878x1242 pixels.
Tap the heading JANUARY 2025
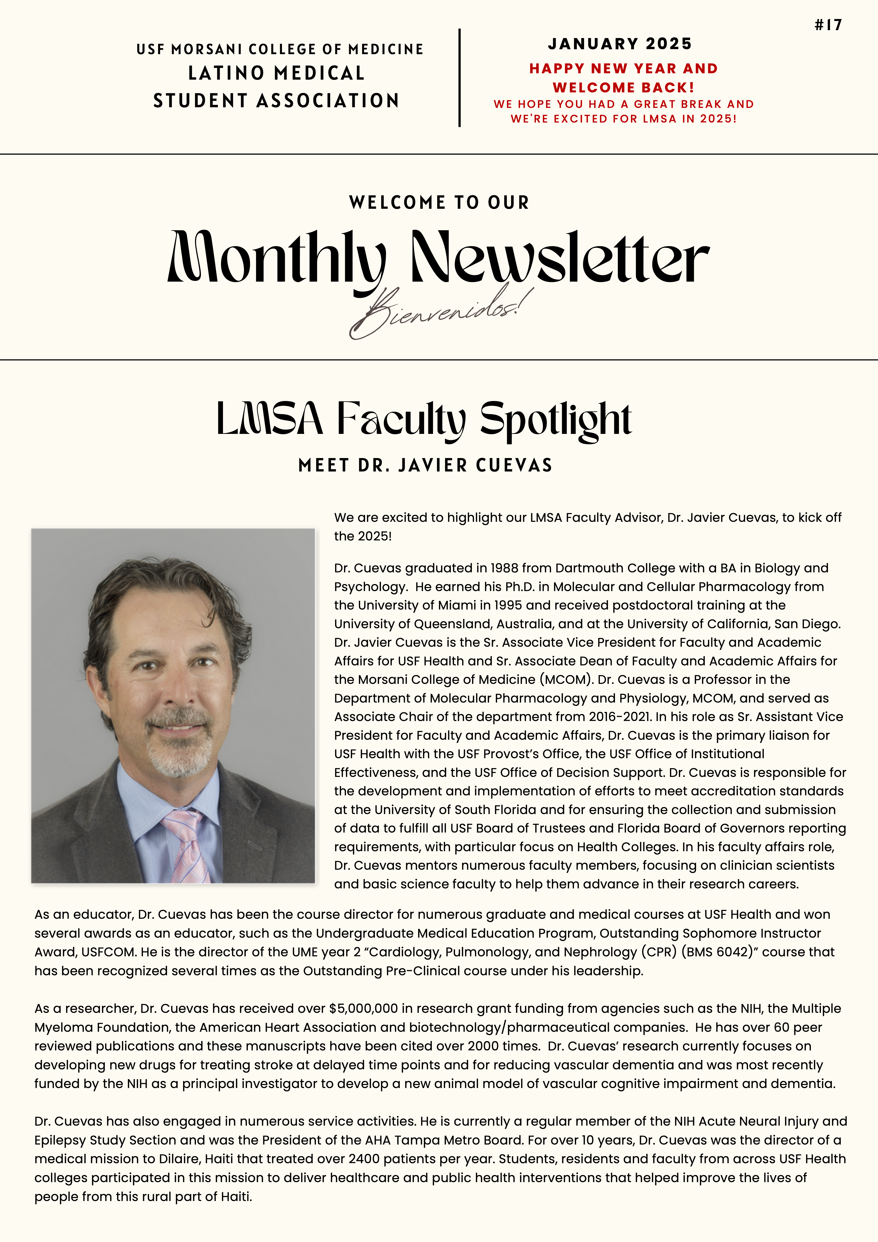click(x=620, y=44)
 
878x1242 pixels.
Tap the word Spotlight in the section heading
click(x=556, y=420)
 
